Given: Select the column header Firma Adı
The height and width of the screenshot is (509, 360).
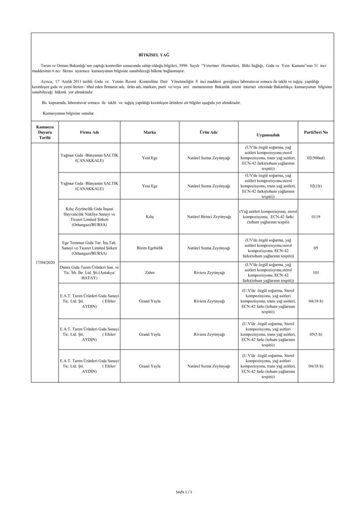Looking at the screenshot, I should tap(89, 132).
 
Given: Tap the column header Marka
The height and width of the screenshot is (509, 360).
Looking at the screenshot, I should tap(150, 132).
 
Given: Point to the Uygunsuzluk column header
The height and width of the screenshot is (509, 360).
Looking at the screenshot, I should tap(268, 135).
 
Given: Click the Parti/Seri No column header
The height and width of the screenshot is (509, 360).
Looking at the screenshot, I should tap(316, 132).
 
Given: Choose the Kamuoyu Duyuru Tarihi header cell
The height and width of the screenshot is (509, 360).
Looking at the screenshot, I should tap(45, 132).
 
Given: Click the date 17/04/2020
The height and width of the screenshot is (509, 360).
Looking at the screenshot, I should tap(45, 262).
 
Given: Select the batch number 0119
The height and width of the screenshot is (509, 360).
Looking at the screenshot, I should tap(316, 216).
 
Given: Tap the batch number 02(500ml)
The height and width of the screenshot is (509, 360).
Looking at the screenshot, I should tap(316, 158).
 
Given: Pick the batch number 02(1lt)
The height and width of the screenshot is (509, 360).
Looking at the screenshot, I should tap(316, 186).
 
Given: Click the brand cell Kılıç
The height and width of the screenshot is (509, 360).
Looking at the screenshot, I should tap(150, 216).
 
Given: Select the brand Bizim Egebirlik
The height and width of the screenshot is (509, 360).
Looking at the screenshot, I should tap(150, 247).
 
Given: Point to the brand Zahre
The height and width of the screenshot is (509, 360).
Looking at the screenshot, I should tap(150, 272).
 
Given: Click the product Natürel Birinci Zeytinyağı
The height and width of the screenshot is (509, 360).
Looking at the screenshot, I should tap(209, 216).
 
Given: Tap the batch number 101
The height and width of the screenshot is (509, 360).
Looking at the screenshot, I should tap(316, 272).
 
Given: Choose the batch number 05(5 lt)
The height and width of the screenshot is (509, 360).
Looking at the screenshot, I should tap(316, 334).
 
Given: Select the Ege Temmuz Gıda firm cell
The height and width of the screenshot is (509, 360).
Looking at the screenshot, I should tap(89, 247).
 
